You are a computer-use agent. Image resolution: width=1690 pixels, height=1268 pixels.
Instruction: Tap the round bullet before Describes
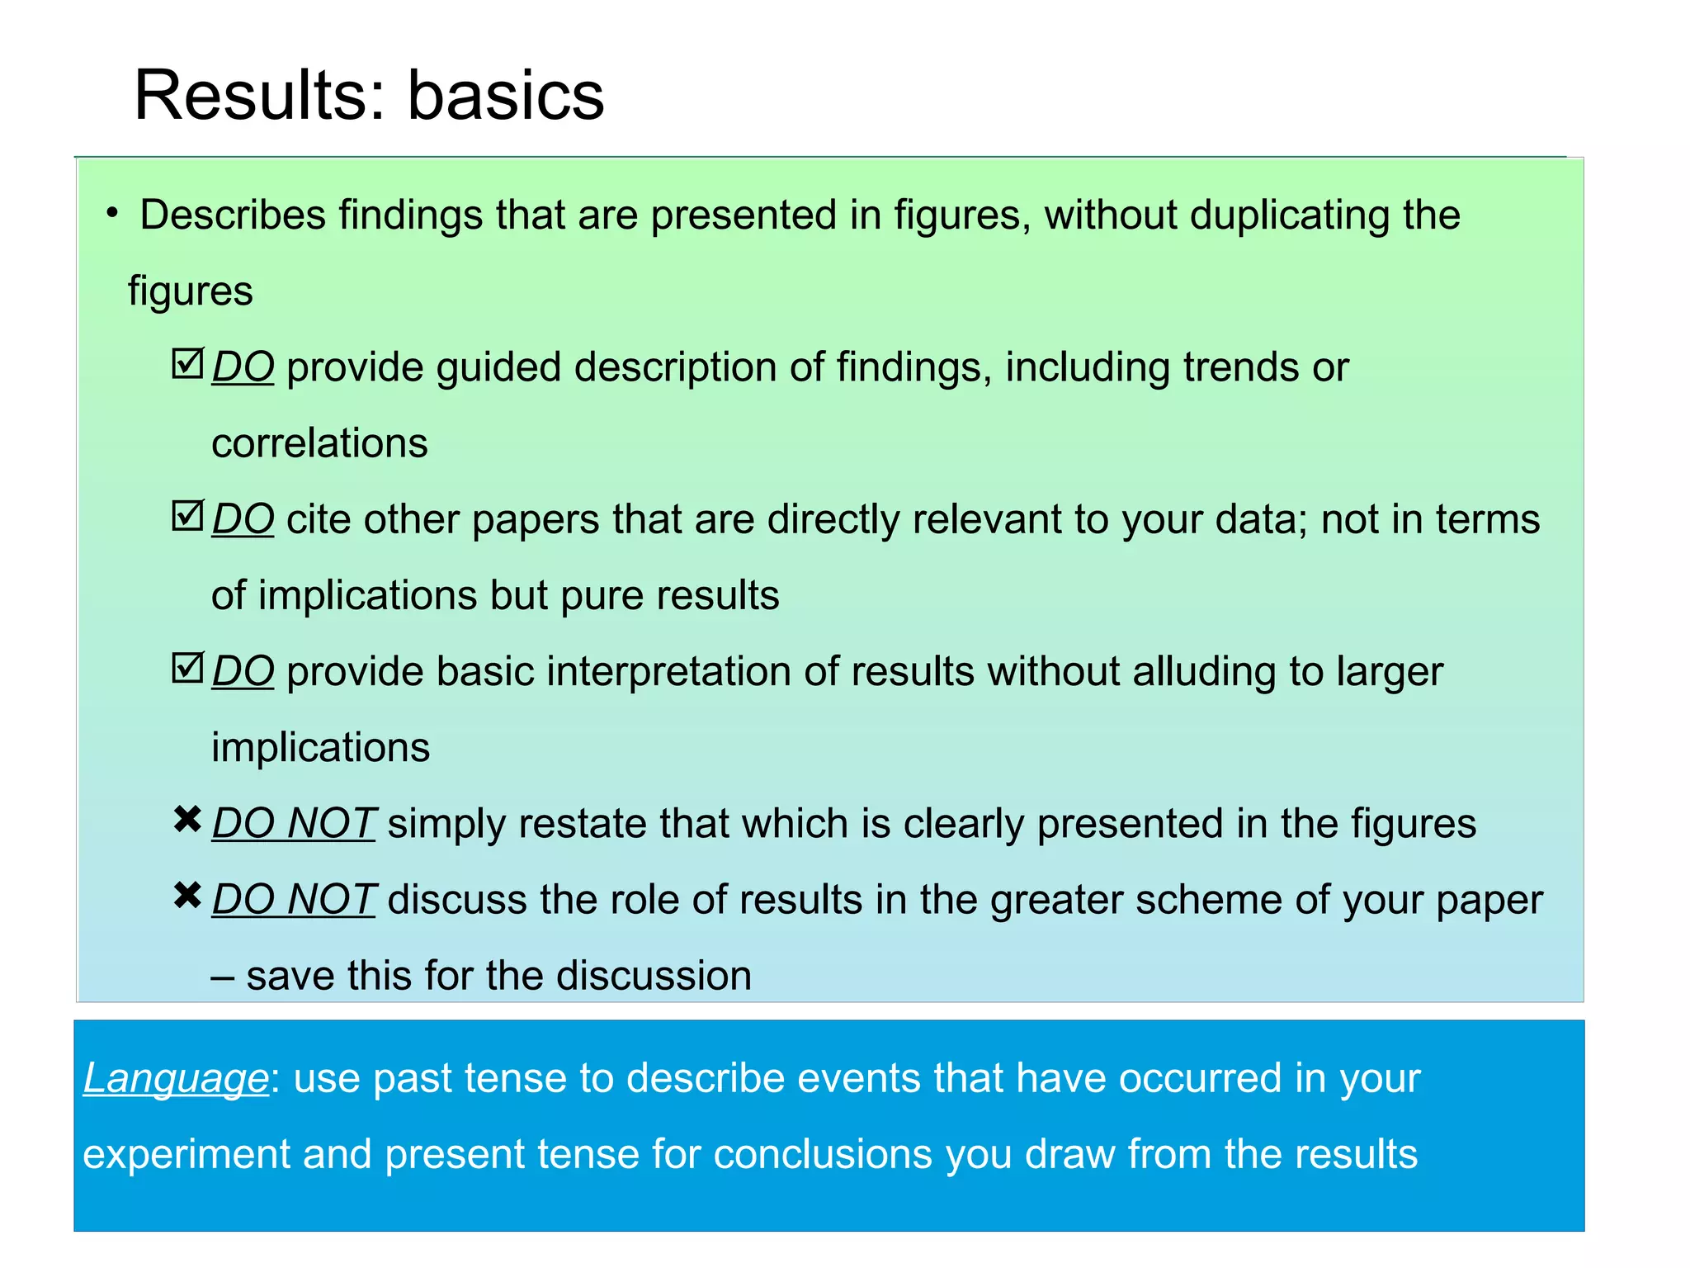(x=112, y=214)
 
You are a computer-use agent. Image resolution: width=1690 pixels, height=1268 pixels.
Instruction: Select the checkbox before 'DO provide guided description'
(x=187, y=363)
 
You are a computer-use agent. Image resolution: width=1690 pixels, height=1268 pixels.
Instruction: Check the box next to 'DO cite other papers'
(x=187, y=516)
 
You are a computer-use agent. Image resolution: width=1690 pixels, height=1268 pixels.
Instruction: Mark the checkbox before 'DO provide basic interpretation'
(x=187, y=668)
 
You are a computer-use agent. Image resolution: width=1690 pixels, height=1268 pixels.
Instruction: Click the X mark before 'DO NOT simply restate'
(x=188, y=820)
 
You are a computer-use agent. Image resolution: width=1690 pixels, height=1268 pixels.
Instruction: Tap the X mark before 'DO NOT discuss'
(x=188, y=896)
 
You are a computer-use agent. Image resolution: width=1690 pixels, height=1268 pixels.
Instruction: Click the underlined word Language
(x=176, y=1078)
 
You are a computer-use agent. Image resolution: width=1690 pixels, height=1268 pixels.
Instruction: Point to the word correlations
(x=319, y=443)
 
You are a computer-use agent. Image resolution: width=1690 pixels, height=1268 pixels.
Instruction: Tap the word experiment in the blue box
(x=186, y=1155)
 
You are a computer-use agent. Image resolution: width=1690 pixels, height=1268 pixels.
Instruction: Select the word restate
(x=582, y=824)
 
